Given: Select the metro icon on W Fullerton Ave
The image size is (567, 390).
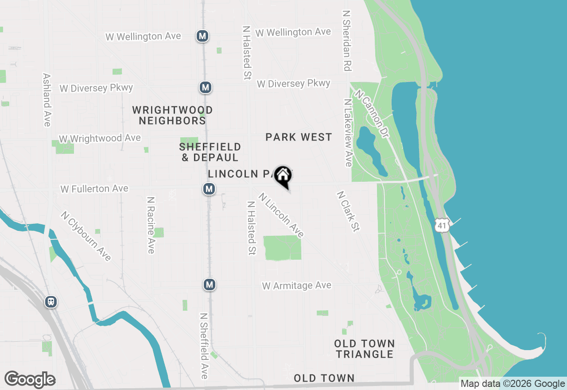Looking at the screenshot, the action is click(x=209, y=189).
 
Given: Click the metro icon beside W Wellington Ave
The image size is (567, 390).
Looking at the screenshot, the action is click(x=202, y=36).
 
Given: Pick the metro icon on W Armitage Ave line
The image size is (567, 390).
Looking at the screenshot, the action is click(x=210, y=285).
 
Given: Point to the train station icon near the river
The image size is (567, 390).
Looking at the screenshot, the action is click(x=51, y=302).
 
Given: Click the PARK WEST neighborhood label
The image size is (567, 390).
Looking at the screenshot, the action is click(x=299, y=137).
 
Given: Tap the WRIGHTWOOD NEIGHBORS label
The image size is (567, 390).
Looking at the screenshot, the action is click(x=172, y=115).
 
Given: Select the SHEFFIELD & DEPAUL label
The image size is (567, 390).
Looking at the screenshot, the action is click(x=210, y=152).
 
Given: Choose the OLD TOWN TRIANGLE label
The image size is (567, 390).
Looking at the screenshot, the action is click(x=364, y=349).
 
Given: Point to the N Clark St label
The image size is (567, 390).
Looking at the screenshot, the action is click(x=348, y=211).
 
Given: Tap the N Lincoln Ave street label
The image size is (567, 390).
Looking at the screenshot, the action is click(x=282, y=215).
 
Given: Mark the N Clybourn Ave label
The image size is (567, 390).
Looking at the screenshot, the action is click(x=86, y=236).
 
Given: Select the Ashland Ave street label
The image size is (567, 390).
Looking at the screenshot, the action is click(x=47, y=100).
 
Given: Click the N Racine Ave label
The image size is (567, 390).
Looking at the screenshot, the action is click(x=151, y=225).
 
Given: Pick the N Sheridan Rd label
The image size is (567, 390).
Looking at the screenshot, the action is click(x=346, y=41).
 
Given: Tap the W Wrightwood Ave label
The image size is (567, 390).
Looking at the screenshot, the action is click(x=100, y=139).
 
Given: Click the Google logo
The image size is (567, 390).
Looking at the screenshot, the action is click(x=30, y=379).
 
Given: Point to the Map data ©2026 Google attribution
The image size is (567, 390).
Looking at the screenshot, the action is click(x=513, y=384).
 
